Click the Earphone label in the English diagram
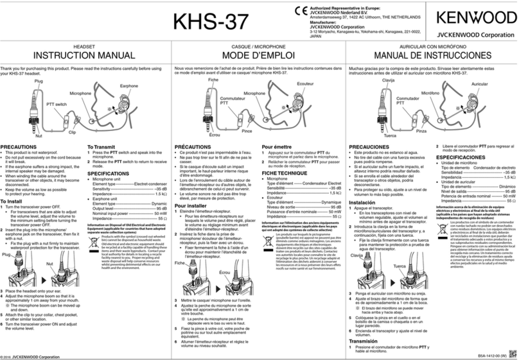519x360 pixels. [128, 85]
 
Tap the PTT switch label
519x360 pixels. [57, 103]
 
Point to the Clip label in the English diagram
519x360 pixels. [72, 132]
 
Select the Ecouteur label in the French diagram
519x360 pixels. [306, 85]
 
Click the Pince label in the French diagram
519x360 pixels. [247, 132]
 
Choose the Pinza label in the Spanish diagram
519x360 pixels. [421, 132]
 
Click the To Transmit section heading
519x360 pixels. [105, 147]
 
